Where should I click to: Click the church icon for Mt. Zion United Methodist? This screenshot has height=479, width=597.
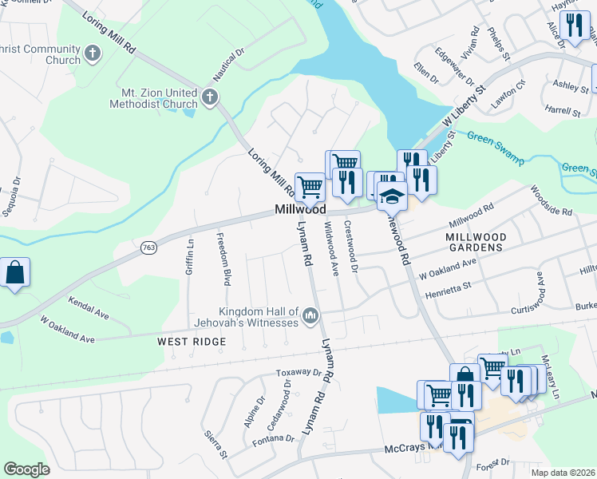210,97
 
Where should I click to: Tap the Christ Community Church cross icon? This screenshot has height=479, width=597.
93,54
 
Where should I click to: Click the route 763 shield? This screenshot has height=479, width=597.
148,248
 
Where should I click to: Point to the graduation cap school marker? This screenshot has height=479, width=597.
392,196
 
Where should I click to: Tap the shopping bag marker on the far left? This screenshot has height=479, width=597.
14,273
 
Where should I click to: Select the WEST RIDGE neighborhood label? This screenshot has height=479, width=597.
191,342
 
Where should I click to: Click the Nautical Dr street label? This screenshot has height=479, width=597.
227,67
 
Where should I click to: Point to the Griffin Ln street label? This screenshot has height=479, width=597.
190,258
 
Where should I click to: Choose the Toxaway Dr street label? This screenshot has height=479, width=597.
298,373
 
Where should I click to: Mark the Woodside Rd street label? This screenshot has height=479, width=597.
552,200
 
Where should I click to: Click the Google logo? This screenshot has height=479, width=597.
27,469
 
